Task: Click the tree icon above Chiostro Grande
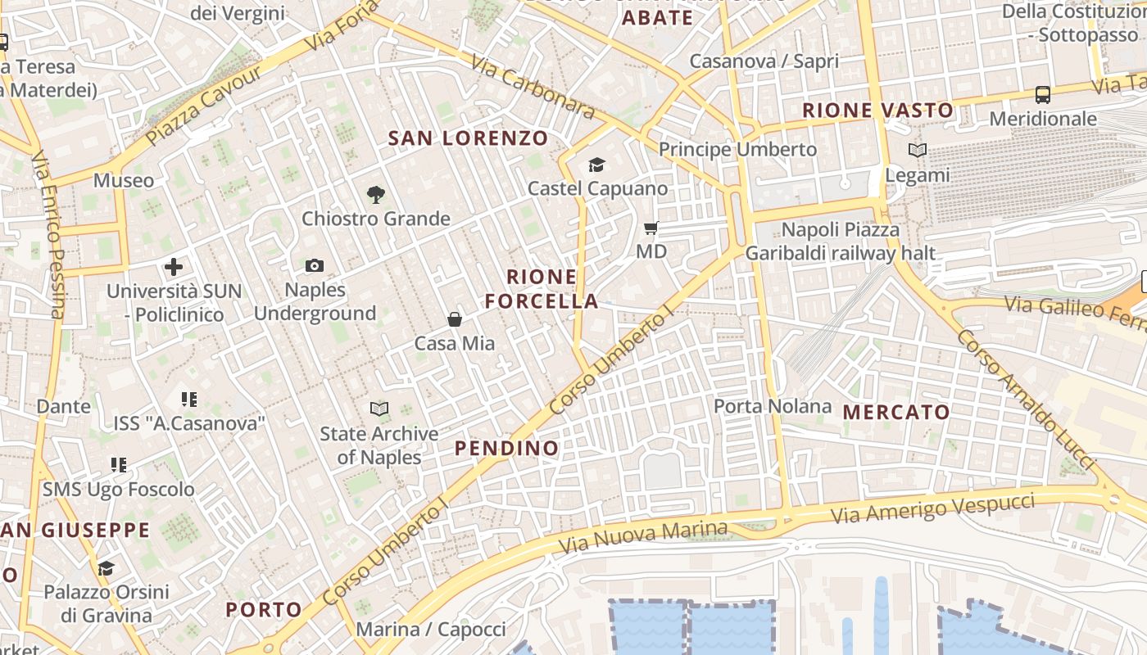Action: pos(376,195)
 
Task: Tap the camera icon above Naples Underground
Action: pos(315,265)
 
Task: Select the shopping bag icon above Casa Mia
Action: pos(455,319)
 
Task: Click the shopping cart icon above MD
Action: pos(651,228)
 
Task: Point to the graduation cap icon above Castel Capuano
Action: pos(596,165)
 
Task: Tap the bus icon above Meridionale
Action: pos(1043,95)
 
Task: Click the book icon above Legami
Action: pos(918,151)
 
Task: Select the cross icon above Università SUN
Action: pos(174,267)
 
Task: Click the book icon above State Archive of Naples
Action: pos(379,409)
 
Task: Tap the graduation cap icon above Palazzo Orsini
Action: pos(106,568)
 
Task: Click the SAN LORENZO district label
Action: pos(468,138)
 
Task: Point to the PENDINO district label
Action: pos(507,448)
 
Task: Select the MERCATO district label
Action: pos(896,412)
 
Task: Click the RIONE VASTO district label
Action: pos(877,110)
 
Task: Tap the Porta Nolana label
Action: pos(773,406)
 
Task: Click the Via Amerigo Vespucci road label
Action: pos(932,508)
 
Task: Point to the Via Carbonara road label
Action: pos(533,87)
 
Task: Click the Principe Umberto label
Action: pos(738,149)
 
